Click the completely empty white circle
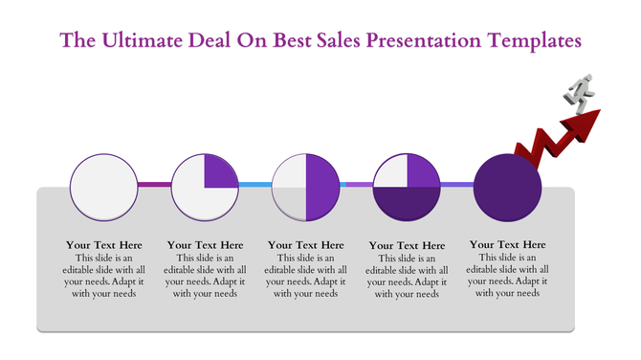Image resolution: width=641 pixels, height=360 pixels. (103, 184)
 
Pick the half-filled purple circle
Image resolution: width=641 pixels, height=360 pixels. (306, 184)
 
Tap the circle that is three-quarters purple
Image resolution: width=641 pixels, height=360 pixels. (407, 184)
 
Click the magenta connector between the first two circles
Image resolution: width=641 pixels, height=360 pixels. (154, 184)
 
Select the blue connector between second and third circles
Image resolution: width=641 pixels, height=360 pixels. (255, 184)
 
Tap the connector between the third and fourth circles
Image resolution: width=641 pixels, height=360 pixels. (356, 184)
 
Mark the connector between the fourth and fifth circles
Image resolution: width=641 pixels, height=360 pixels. (457, 184)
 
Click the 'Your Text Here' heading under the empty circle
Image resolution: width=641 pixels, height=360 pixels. (103, 245)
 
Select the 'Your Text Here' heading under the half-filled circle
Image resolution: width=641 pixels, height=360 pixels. (306, 245)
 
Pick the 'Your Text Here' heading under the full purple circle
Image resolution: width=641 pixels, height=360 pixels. (508, 245)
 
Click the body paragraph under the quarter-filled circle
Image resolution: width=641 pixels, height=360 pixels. (205, 276)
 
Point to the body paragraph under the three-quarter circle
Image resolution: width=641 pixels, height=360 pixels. (407, 276)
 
